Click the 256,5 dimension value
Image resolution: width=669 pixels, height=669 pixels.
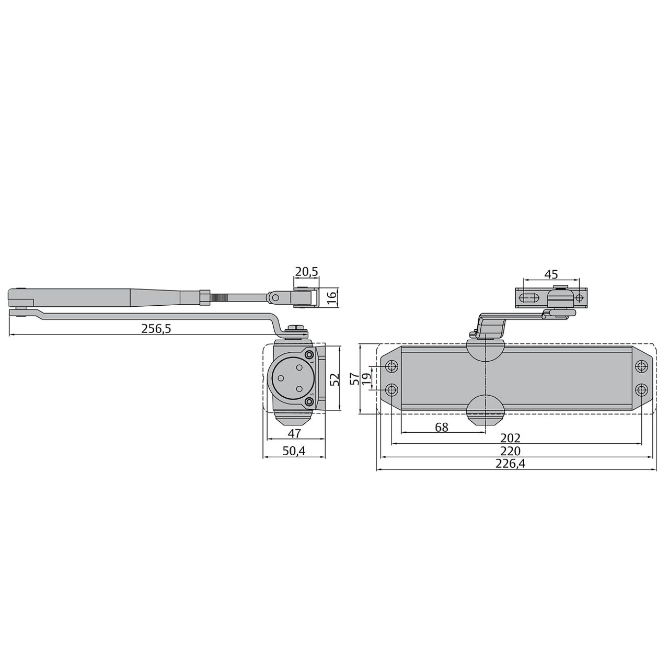[x=156, y=329]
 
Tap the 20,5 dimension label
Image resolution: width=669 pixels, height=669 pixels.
[x=306, y=272]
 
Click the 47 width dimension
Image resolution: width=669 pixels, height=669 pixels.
[x=295, y=433]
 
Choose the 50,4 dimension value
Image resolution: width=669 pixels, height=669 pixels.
[x=294, y=451]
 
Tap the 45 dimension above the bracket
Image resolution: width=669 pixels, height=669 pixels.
[x=551, y=274]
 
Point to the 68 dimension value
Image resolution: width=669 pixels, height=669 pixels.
[x=442, y=428]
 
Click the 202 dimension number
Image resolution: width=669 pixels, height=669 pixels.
[x=510, y=438]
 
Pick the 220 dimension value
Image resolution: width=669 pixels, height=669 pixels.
[x=510, y=451]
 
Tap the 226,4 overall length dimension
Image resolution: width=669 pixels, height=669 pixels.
[x=510, y=464]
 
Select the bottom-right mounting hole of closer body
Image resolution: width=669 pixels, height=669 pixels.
[x=641, y=389]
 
